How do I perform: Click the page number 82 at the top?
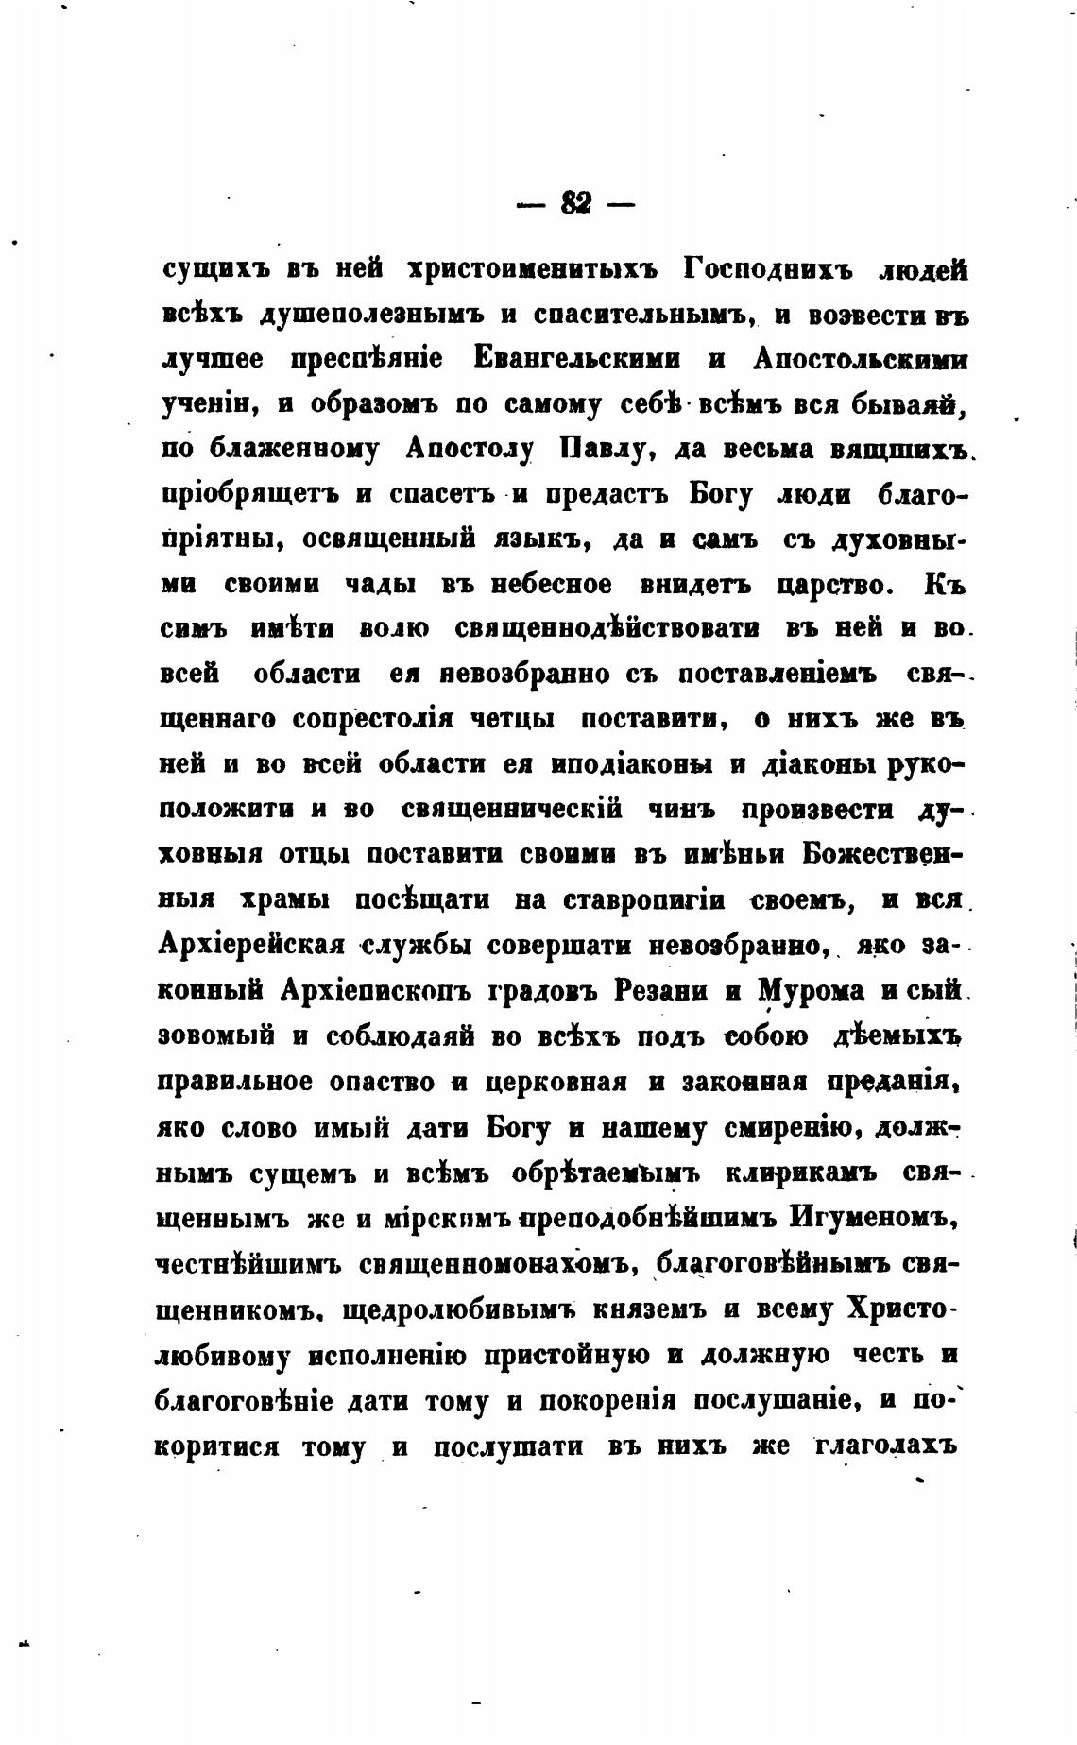click(x=575, y=202)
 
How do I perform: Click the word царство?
click(x=833, y=584)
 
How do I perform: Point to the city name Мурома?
click(x=811, y=990)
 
